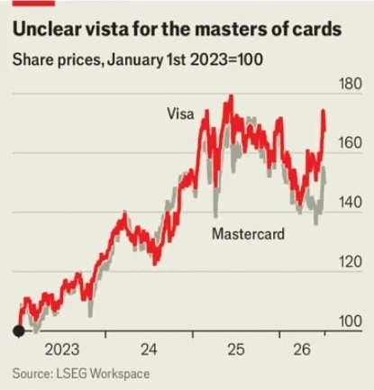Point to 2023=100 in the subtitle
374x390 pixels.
(x=226, y=59)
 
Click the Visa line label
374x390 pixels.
(x=180, y=114)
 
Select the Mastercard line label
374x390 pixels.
(x=248, y=233)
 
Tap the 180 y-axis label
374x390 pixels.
(x=351, y=84)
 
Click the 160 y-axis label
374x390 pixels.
(x=351, y=143)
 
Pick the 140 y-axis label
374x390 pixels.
(x=351, y=203)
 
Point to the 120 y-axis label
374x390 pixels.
(x=351, y=262)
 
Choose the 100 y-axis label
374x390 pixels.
(x=351, y=322)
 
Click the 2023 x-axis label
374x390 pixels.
(x=62, y=349)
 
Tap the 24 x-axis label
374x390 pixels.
(x=149, y=349)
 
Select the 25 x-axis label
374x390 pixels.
(x=236, y=349)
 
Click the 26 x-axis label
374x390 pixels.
(x=302, y=349)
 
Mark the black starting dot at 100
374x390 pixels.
(x=19, y=331)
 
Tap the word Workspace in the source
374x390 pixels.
(x=120, y=375)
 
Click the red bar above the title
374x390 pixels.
(x=33, y=3)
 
